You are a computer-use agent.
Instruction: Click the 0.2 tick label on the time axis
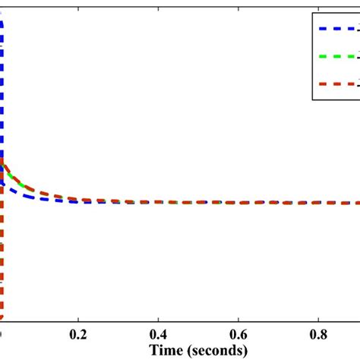pyautogui.click(x=77, y=334)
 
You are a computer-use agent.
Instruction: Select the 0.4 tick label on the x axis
pyautogui.click(x=158, y=334)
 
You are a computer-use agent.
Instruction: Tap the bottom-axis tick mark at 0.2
pyautogui.click(x=77, y=321)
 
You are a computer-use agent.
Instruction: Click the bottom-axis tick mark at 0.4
pyautogui.click(x=158, y=321)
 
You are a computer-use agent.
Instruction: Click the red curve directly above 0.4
pyautogui.click(x=158, y=202)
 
